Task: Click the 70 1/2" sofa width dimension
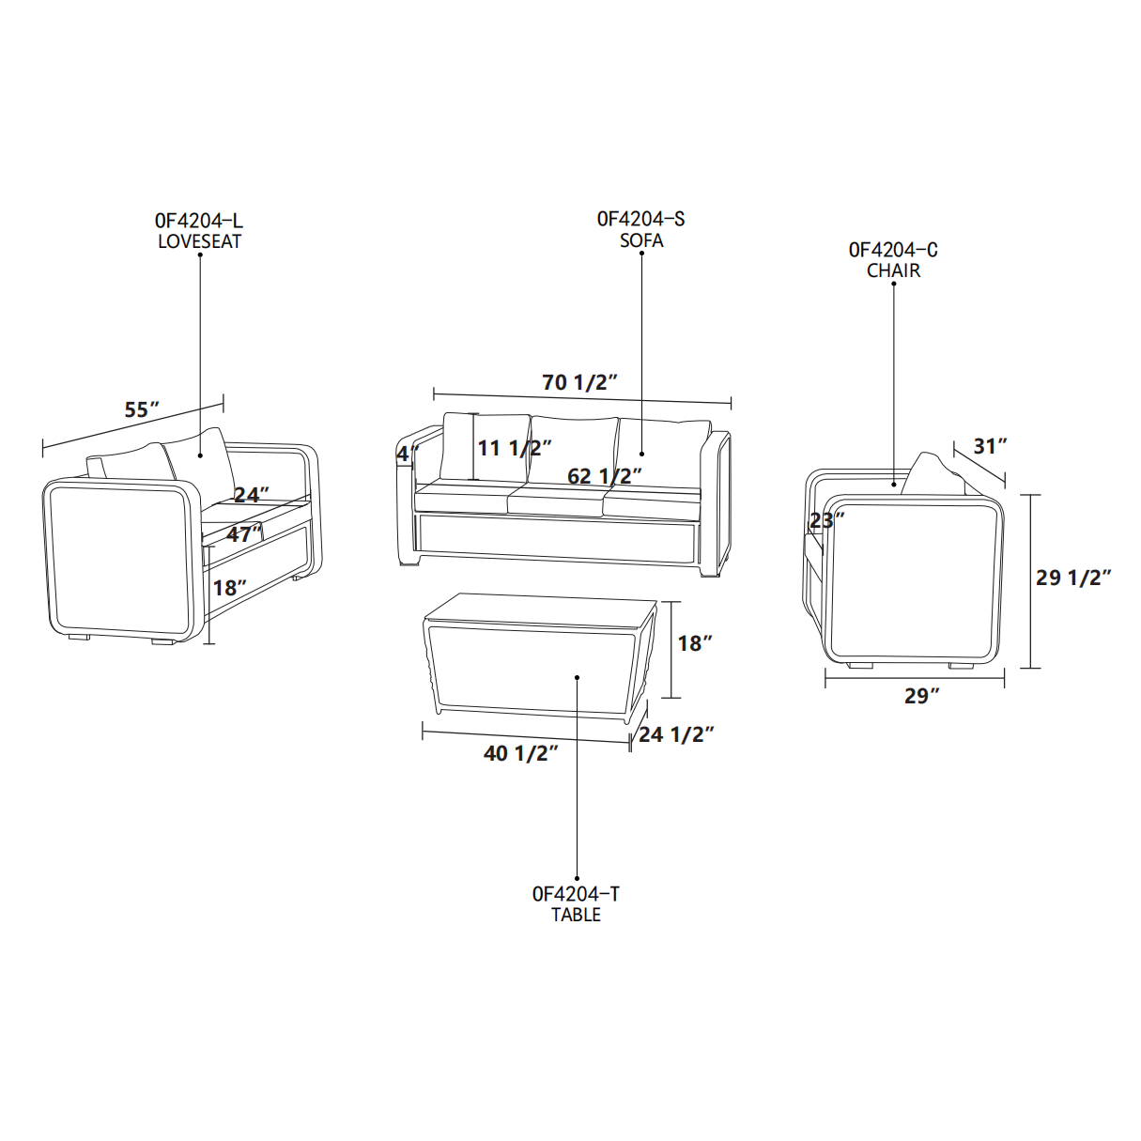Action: pos(579,382)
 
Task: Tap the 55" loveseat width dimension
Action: pos(142,409)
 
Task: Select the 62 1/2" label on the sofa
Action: pos(605,475)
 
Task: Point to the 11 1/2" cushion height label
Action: pos(515,448)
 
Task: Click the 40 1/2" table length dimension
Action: pos(521,753)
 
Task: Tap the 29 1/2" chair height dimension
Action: pos(1073,578)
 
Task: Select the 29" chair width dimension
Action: pos(922,696)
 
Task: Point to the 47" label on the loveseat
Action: pos(244,534)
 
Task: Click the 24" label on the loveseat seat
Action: pos(252,494)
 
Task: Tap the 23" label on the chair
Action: pos(826,520)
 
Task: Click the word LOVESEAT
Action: pos(199,241)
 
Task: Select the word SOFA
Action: pos(641,240)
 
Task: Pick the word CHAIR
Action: pos(893,270)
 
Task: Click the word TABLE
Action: pos(576,915)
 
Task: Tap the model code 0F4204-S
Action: pos(640,219)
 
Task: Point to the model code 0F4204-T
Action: pos(576,894)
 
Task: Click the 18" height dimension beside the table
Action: pos(695,643)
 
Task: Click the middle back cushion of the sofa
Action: pos(573,450)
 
